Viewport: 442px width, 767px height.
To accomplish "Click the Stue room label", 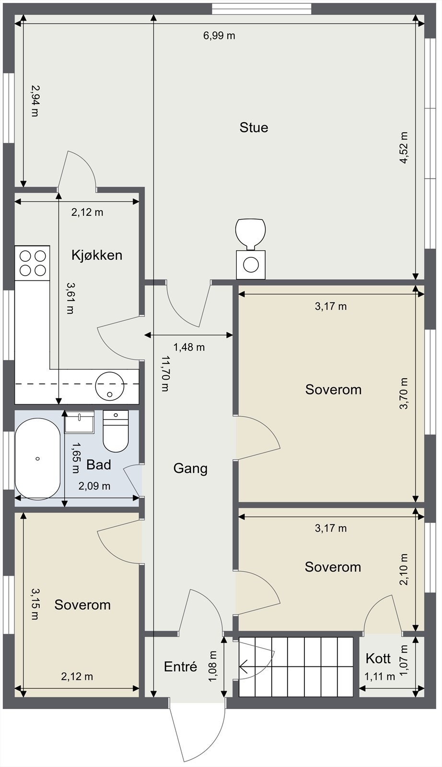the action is (254, 128).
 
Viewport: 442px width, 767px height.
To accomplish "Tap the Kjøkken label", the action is (97, 255).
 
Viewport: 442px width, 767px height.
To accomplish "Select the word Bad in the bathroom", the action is (99, 465).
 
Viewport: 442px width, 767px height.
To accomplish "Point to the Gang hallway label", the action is (190, 468).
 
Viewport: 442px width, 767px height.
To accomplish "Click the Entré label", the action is (180, 666).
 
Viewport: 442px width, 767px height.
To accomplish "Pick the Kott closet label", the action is (378, 659).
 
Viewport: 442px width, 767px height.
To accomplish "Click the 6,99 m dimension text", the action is (219, 35).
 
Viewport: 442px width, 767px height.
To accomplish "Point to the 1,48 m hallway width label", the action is (189, 347).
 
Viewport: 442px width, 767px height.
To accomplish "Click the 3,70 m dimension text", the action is (404, 394).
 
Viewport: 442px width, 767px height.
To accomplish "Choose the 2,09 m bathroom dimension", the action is (94, 486).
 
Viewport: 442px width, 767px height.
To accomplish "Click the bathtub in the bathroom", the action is (38, 459).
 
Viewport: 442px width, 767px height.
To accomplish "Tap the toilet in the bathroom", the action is (116, 431).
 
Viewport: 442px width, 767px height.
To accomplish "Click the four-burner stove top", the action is (33, 263).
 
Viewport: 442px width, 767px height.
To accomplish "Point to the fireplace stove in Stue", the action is (251, 248).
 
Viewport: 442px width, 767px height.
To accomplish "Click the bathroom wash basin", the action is (80, 421).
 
